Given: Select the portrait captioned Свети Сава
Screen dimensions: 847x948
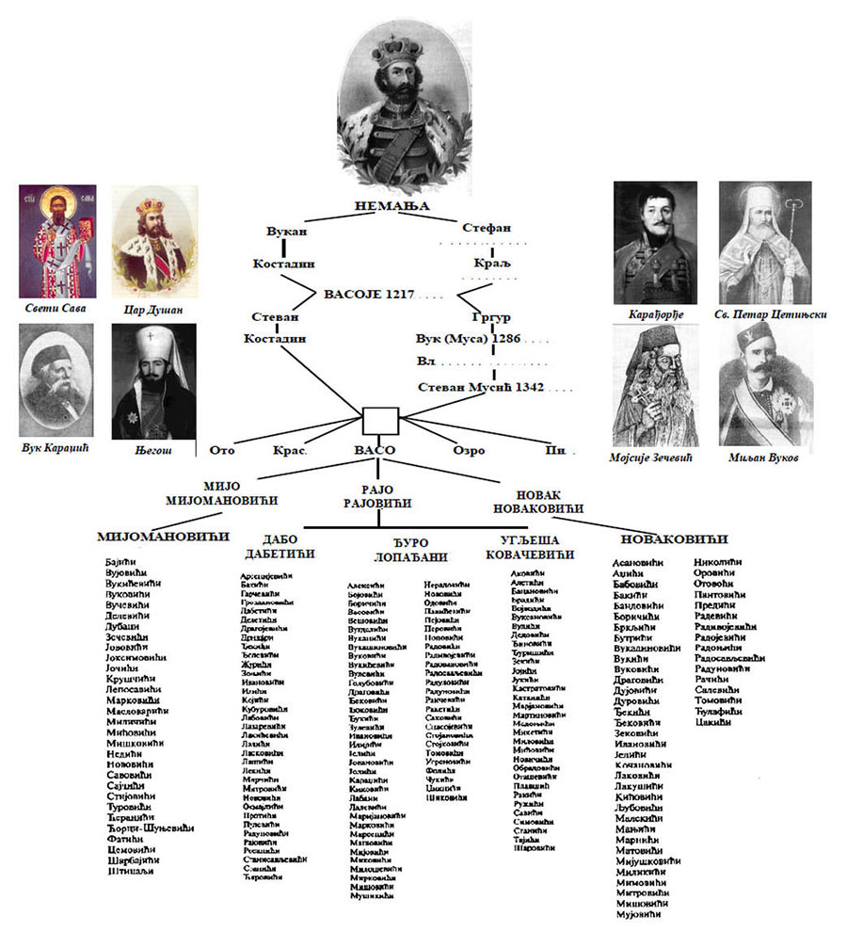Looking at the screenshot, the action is tap(56, 241).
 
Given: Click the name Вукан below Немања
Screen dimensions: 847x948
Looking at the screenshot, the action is tap(286, 229).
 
